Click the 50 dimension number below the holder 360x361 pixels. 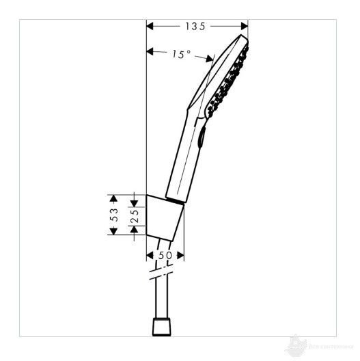point(165,254)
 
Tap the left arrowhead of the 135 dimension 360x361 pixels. point(152,27)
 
